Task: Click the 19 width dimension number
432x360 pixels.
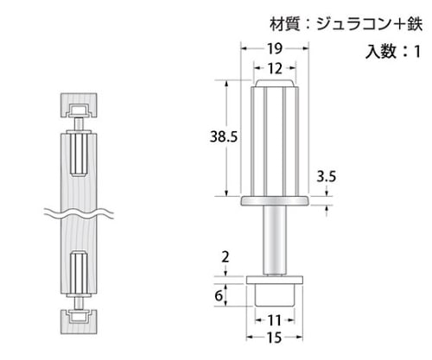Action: (x=275, y=48)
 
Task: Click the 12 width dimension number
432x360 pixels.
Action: (x=275, y=68)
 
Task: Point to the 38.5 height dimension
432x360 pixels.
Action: (x=224, y=136)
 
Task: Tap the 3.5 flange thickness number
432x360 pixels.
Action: (x=327, y=176)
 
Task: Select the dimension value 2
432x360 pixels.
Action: (x=226, y=256)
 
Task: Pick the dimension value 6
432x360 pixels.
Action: (x=219, y=295)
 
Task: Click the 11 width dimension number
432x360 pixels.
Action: (x=274, y=320)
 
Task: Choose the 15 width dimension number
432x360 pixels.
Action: (x=274, y=338)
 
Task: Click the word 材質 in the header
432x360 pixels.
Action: (x=285, y=24)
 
